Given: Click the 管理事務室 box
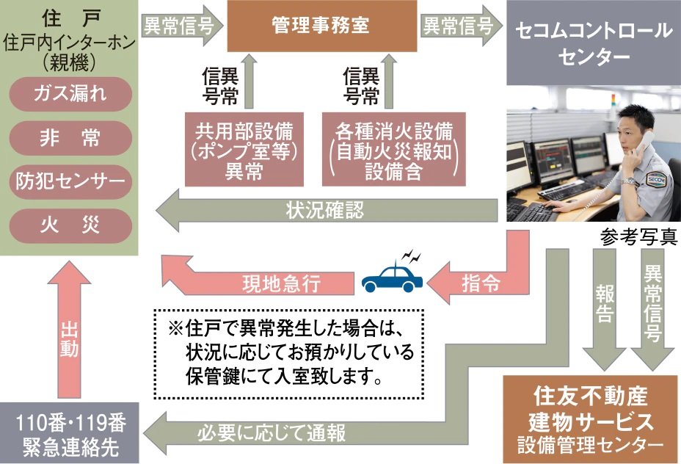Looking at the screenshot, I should tap(320, 26).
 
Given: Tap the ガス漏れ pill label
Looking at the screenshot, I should tap(70, 93).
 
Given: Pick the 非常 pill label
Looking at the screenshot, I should tap(70, 137).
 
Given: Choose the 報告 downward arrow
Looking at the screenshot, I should tap(605, 308).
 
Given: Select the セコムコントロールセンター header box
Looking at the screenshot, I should tap(593, 43).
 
